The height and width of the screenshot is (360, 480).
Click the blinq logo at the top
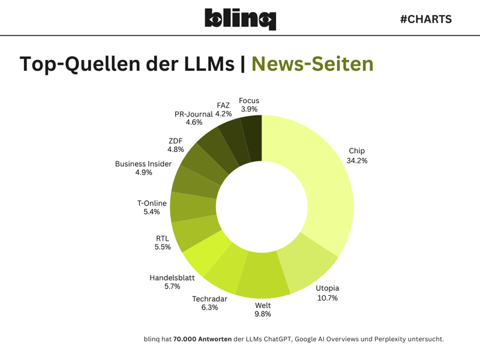(x=240, y=19)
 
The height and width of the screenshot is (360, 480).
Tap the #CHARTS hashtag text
(x=425, y=19)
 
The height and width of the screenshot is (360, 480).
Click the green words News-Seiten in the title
(x=312, y=64)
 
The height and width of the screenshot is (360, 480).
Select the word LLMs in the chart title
(x=205, y=64)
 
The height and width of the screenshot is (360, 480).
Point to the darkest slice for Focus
(x=251, y=138)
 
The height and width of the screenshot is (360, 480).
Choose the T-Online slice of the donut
(x=193, y=207)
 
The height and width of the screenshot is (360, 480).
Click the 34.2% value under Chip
(x=356, y=160)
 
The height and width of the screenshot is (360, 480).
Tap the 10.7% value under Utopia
(x=327, y=298)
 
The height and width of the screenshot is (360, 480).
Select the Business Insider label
(x=143, y=164)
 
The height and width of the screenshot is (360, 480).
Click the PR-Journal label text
(x=194, y=114)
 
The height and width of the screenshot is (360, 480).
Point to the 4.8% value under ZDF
(x=176, y=149)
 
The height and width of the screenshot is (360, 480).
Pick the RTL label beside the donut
(x=162, y=238)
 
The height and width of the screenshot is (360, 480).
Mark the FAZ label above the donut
(x=223, y=105)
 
